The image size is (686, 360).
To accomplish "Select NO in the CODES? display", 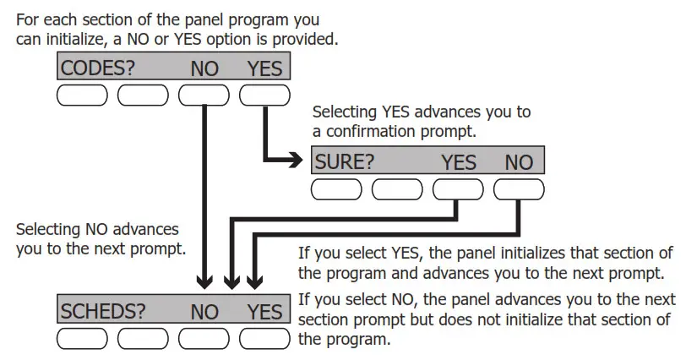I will (204, 68).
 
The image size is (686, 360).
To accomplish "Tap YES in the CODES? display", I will (264, 68).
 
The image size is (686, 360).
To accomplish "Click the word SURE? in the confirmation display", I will (344, 161).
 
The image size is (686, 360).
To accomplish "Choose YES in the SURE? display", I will (459, 161).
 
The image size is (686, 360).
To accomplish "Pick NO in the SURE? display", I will (519, 161).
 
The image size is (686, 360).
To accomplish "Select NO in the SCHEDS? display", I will (204, 311).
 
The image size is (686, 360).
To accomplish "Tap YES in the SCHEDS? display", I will (264, 311).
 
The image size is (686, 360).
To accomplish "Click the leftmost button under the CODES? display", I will (82, 95).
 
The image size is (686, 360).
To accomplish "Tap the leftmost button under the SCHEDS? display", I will (82, 339).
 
